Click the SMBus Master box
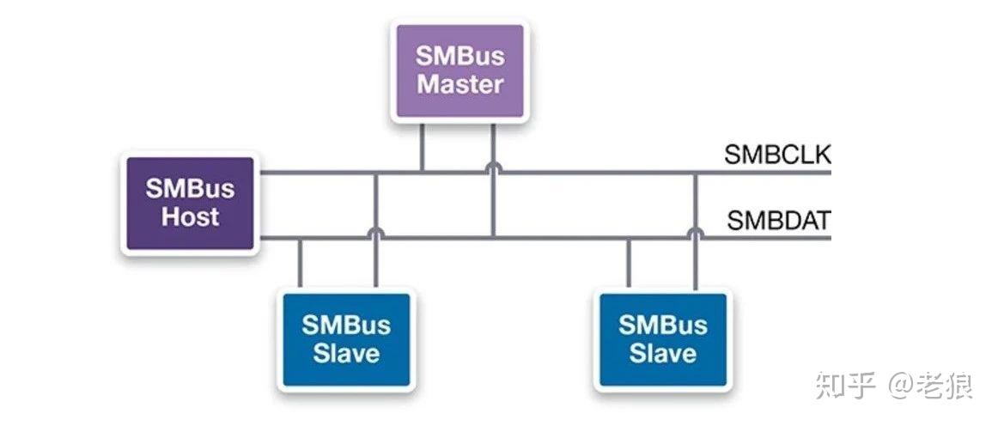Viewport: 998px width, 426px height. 459,70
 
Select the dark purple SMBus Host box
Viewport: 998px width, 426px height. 190,203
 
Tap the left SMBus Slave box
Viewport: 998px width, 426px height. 346,338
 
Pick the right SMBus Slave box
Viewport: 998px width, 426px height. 662,338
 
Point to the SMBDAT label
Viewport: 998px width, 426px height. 778,221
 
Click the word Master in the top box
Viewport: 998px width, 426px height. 459,84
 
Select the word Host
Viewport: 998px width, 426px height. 191,217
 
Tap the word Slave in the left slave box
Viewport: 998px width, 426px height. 346,353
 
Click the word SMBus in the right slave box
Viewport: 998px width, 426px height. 662,325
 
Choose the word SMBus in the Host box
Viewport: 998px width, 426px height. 190,189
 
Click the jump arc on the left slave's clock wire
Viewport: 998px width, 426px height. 375,233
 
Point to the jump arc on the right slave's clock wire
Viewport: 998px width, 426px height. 694,233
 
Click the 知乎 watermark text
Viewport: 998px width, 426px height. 845,386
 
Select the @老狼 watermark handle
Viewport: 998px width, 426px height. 931,386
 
